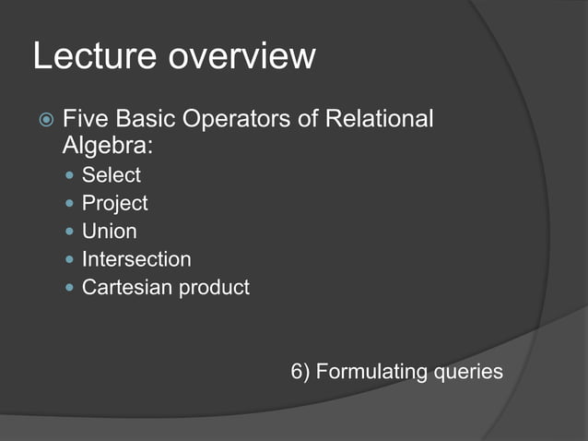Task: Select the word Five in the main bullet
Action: pyautogui.click(x=84, y=120)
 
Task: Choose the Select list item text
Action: pyautogui.click(x=112, y=174)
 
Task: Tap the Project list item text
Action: pyautogui.click(x=115, y=203)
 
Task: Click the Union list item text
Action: pyautogui.click(x=110, y=231)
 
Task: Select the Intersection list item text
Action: pyautogui.click(x=136, y=259)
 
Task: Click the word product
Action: pyautogui.click(x=214, y=288)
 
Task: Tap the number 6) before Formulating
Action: pyautogui.click(x=300, y=372)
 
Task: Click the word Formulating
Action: pyautogui.click(x=372, y=372)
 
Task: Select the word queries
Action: pyautogui.click(x=469, y=372)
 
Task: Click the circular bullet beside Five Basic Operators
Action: pyautogui.click(x=45, y=121)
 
